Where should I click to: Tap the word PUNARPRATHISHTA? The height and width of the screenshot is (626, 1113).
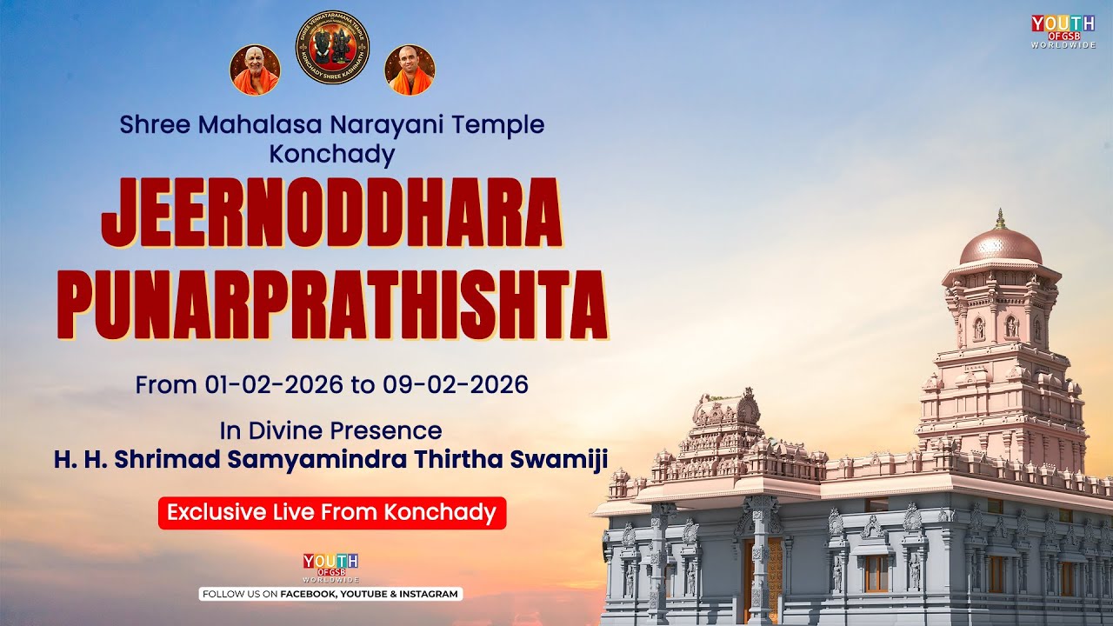[331, 304]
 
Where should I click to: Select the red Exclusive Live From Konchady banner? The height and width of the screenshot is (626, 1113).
[331, 512]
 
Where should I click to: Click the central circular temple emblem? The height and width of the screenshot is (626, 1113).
[332, 48]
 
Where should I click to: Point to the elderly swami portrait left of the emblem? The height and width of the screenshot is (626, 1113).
[255, 70]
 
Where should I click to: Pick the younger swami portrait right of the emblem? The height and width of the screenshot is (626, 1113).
[410, 70]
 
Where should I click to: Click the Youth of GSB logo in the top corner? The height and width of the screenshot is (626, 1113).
[1063, 30]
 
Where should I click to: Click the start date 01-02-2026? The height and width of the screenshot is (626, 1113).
[274, 384]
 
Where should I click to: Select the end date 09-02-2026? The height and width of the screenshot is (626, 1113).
[456, 384]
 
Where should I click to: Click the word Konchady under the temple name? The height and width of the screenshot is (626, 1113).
[332, 155]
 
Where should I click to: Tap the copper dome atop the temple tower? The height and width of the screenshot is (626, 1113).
[1000, 247]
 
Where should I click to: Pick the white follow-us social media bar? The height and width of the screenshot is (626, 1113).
[331, 594]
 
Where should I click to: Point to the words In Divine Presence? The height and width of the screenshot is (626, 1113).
[331, 430]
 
